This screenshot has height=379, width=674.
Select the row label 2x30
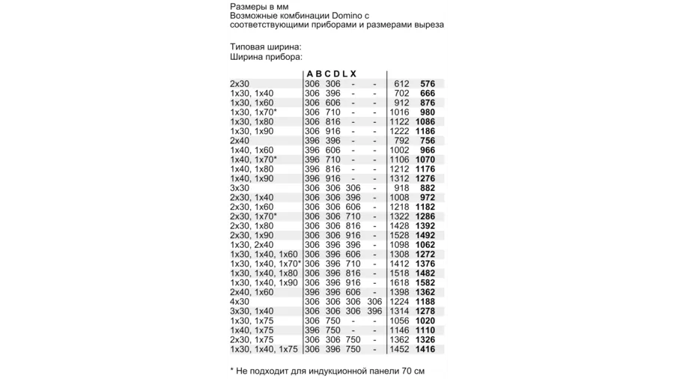click(240, 84)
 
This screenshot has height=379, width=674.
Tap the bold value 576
click(428, 84)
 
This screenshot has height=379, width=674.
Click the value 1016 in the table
click(400, 112)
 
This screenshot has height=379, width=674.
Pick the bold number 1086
click(425, 122)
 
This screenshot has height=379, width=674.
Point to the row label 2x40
click(240, 141)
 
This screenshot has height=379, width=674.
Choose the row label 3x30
click(240, 188)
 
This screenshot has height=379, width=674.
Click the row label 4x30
click(240, 302)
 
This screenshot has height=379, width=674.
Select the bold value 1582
click(425, 283)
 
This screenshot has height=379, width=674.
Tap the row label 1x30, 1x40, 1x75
click(264, 349)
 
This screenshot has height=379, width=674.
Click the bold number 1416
click(425, 349)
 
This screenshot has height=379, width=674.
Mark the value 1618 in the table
click(400, 283)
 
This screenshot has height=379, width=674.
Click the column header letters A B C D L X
click(331, 73)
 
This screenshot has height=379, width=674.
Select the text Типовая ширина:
click(266, 47)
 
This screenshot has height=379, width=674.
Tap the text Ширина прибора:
click(266, 57)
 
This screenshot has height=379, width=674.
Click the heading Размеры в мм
click(259, 6)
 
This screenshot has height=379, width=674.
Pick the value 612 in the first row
click(402, 84)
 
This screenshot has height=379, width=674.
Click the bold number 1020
click(425, 321)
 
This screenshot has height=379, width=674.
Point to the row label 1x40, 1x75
click(252, 330)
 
